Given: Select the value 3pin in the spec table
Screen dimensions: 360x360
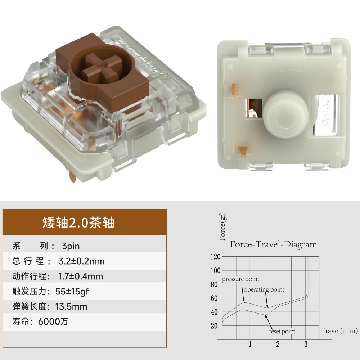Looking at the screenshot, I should [x=71, y=246].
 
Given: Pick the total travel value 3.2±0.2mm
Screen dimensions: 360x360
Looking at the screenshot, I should [x=81, y=261].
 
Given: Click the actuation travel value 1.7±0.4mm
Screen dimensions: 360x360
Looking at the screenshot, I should [x=81, y=276].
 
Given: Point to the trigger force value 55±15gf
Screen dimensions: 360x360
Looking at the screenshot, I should [x=72, y=291].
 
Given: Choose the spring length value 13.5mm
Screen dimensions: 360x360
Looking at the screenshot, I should [x=71, y=306].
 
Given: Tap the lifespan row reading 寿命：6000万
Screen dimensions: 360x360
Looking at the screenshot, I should [x=40, y=321].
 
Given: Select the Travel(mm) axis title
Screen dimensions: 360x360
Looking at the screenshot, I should [x=339, y=330].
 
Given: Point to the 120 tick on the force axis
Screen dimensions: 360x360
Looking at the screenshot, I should [x=215, y=256].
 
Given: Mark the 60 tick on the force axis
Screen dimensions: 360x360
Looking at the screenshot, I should [x=214, y=298].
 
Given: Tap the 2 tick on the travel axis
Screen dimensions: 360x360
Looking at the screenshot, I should [x=278, y=344].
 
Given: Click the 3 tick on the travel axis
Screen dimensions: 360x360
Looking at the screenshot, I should [x=306, y=344].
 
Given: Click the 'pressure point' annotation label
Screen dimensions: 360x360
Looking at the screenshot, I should [x=240, y=279].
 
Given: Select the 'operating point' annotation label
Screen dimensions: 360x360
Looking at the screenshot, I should [x=264, y=290].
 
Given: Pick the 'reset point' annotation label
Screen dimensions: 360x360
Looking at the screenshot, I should [x=282, y=332].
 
